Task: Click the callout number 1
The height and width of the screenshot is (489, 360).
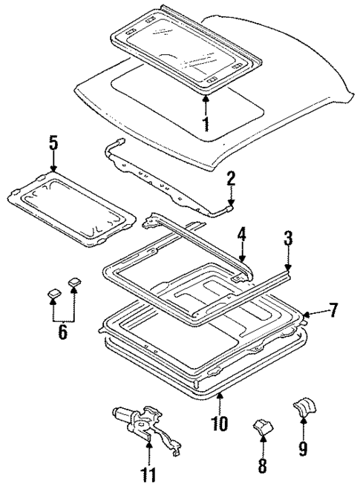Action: [x=206, y=124]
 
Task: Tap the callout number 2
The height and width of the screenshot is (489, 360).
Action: [x=231, y=179]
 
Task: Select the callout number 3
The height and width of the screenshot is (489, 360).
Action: [x=288, y=238]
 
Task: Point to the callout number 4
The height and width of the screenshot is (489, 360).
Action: [x=241, y=237]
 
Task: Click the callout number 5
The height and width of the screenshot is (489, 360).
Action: [x=53, y=142]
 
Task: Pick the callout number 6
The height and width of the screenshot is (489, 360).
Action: [x=62, y=331]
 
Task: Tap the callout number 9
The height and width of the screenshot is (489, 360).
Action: [x=303, y=447]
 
